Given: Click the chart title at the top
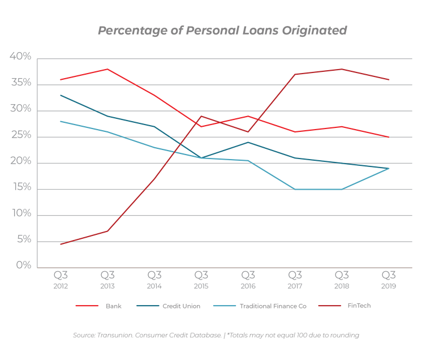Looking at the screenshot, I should [x=222, y=30].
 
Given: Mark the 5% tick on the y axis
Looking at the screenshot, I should [x=23, y=241].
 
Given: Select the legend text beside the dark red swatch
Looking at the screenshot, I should [x=363, y=306].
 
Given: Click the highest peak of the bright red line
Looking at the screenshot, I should [x=107, y=69].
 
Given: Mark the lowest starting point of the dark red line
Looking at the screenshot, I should [x=59, y=245].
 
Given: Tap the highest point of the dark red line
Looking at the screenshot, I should [x=341, y=69].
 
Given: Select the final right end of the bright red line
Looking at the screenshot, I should [x=389, y=136].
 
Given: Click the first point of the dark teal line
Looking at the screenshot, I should [x=59, y=95].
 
